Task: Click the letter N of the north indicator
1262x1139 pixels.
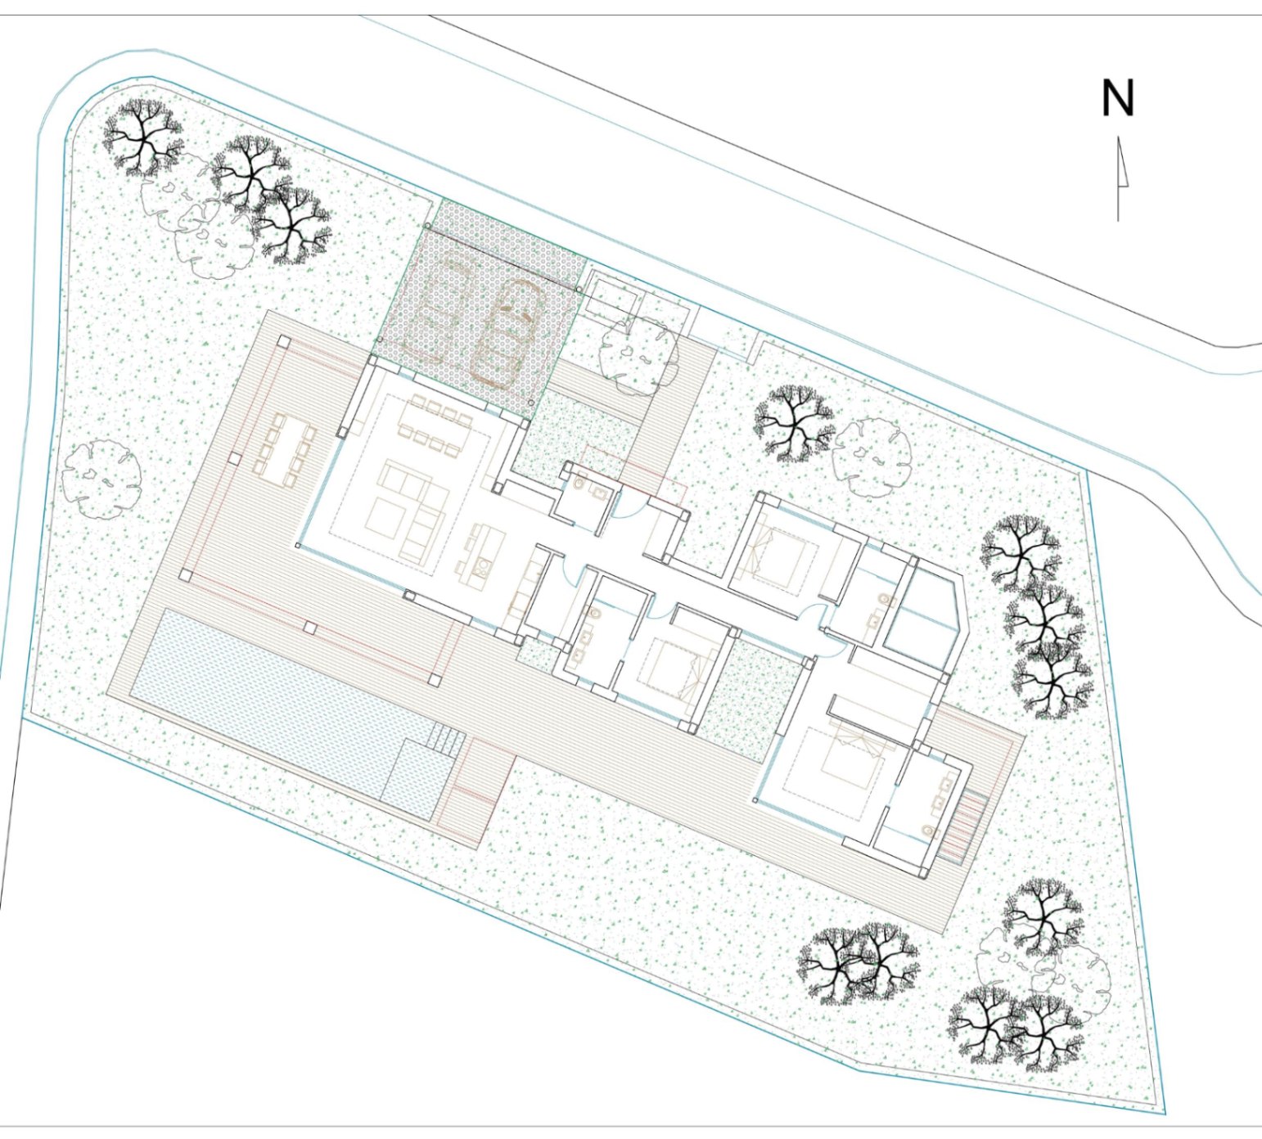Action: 1118,98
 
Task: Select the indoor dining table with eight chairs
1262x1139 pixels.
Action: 435,423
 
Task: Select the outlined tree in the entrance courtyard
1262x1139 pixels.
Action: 638,355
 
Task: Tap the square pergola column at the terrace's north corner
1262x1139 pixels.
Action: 283,342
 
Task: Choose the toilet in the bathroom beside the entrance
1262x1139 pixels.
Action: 580,484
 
